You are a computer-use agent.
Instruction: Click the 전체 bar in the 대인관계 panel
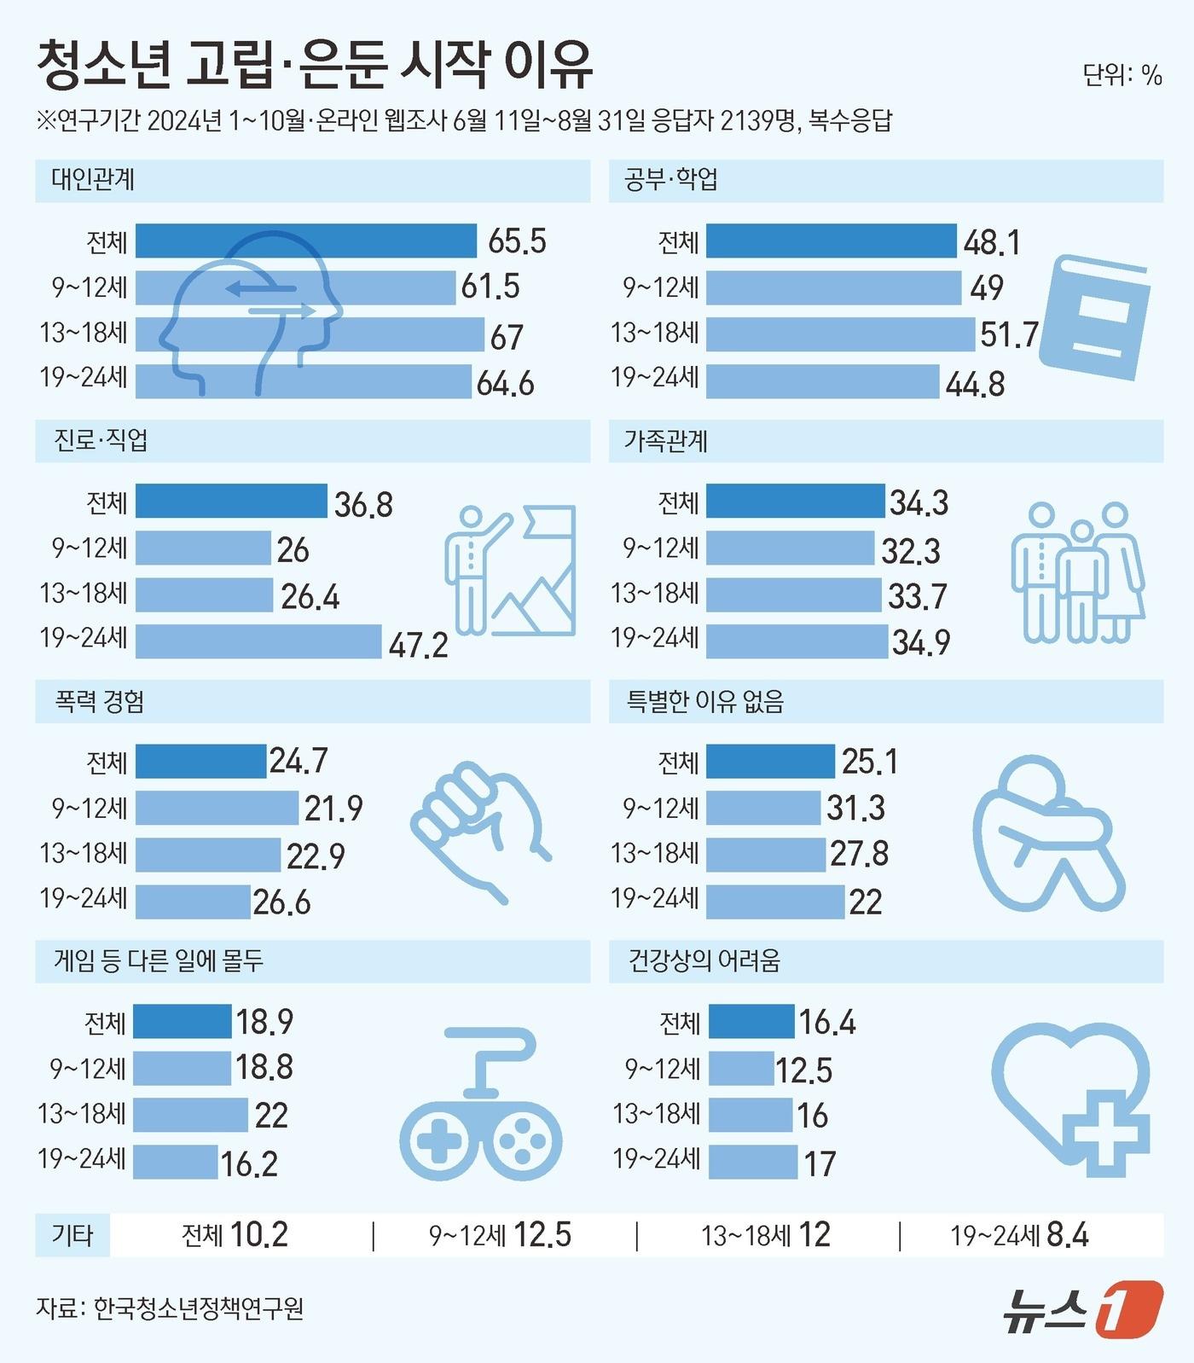[305, 241]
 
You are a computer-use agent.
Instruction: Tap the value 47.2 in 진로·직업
[418, 645]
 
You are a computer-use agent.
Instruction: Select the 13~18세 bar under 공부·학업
[840, 334]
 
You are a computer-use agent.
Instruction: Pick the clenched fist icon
[480, 831]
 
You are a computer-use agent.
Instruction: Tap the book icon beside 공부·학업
[1094, 316]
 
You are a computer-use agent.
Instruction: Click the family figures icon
[1077, 571]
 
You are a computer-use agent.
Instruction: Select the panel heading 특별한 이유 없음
[705, 701]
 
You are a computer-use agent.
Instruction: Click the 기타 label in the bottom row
[72, 1234]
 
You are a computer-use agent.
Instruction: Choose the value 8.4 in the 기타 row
[1067, 1234]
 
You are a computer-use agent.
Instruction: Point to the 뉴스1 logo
[1082, 1308]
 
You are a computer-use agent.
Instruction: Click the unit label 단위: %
[1122, 75]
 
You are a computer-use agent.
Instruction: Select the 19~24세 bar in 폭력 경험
[193, 902]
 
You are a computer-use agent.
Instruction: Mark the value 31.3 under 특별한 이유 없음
[855, 807]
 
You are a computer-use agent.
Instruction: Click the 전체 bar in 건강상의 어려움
[751, 1021]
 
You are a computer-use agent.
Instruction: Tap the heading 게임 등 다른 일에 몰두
[159, 961]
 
